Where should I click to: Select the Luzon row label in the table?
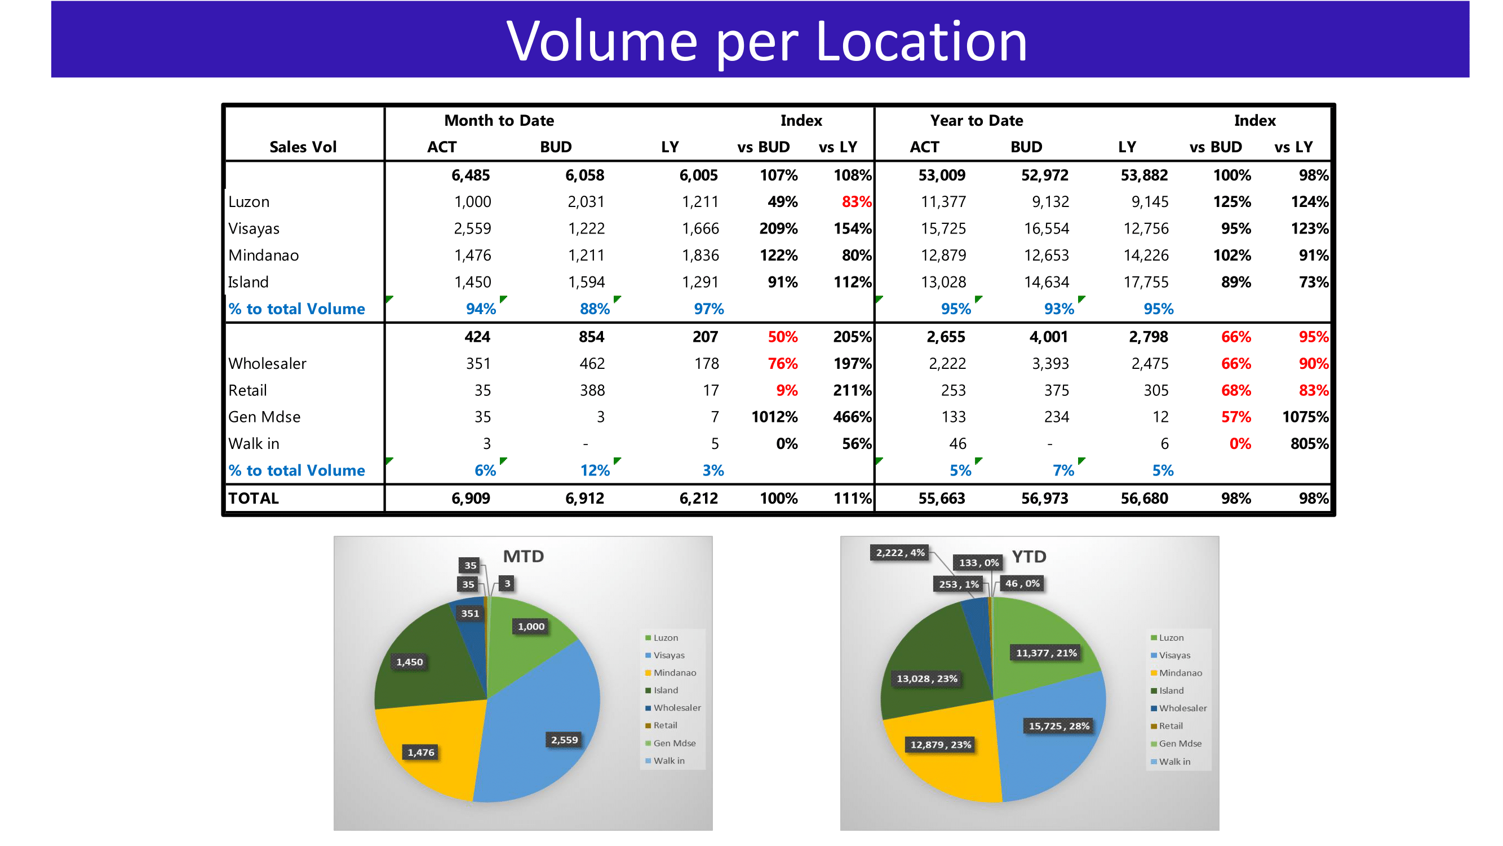[249, 202]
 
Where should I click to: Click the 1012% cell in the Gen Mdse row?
[774, 417]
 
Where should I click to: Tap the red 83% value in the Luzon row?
[855, 202]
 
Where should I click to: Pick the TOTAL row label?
[253, 498]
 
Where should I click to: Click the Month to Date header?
[499, 120]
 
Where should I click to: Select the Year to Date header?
[976, 120]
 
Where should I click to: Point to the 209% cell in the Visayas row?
[778, 228]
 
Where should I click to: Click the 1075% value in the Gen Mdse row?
[1305, 417]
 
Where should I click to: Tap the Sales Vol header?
[303, 147]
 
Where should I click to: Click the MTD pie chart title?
[524, 556]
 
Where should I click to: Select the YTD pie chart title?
[1028, 556]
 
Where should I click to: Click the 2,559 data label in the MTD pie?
[564, 740]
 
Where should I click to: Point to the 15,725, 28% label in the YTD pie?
[1058, 726]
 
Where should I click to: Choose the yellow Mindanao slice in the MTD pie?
[432, 742]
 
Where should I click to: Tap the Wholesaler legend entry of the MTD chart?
[676, 708]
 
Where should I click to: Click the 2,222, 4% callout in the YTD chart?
[899, 552]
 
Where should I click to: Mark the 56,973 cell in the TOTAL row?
[1044, 498]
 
